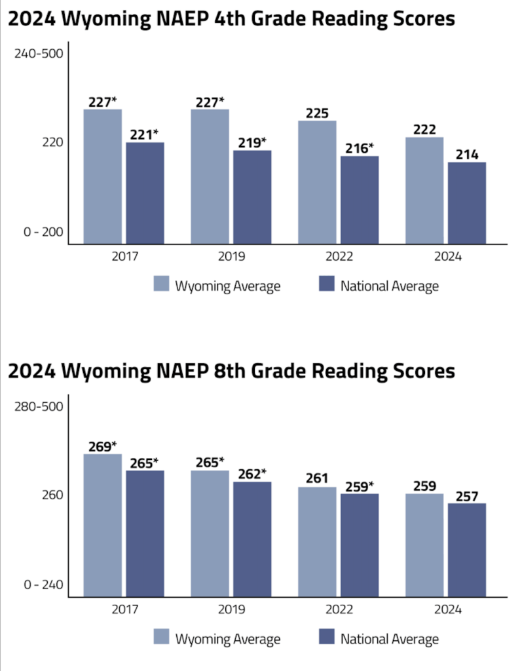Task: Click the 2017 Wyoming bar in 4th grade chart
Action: (102, 176)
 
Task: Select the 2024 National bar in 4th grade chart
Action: (467, 202)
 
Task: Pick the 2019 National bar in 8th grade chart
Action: (252, 539)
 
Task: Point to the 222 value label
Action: (424, 129)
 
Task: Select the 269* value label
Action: (102, 446)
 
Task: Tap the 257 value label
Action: (467, 495)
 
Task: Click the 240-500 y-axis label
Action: (39, 54)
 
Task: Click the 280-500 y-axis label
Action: (39, 407)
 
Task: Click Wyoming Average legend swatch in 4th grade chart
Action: (162, 284)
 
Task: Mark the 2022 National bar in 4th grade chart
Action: (360, 199)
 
